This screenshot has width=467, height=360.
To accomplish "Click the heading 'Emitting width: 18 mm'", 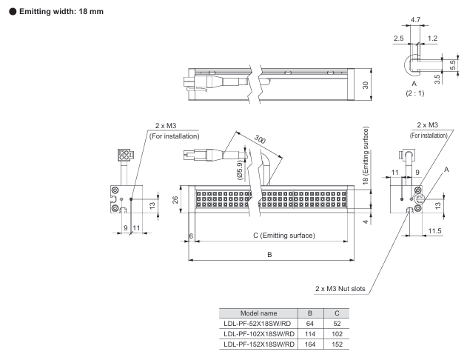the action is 61,12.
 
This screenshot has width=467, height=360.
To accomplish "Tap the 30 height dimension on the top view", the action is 366,85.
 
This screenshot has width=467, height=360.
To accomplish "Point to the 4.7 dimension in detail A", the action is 415,20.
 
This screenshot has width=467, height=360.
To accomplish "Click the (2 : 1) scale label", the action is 414,93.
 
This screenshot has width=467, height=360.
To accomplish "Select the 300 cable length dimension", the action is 260,139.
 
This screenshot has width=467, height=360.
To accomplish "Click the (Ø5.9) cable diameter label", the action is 240,170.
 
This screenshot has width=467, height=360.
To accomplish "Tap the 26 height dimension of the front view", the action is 175,200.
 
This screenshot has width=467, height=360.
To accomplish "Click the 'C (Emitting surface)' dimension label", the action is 284,236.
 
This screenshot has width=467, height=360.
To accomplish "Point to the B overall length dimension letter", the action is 269,255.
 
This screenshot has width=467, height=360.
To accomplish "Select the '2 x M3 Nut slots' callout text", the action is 340,289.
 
